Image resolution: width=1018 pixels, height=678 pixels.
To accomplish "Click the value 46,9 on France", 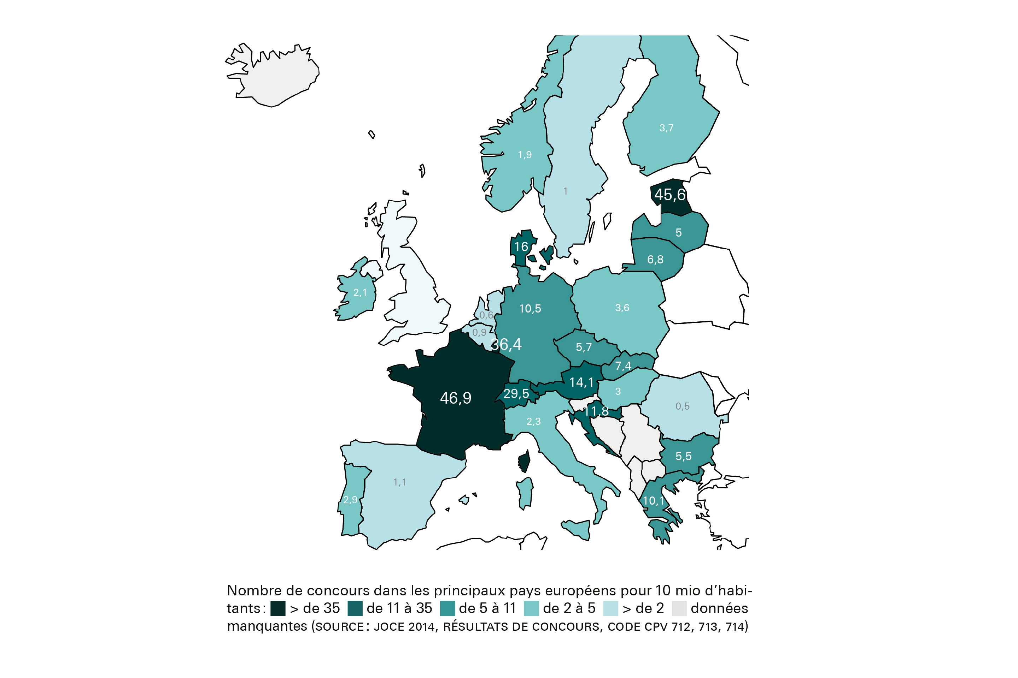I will (x=455, y=398).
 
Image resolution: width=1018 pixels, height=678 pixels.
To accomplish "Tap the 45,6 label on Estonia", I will (x=669, y=195).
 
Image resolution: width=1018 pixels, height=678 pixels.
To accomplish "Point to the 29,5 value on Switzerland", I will (x=516, y=393).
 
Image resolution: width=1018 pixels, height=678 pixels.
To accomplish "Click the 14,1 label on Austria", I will (x=581, y=382).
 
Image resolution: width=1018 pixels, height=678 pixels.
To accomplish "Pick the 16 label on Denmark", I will (x=521, y=247).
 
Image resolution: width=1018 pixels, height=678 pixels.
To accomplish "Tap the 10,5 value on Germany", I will (x=530, y=309).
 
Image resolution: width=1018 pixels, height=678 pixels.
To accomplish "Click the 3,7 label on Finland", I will (x=666, y=128).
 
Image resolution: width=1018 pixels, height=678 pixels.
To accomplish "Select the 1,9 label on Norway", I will (x=525, y=155).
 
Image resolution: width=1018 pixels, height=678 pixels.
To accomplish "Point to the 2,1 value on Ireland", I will (x=360, y=293).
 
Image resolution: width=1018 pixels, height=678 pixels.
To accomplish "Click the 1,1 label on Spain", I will (x=399, y=482).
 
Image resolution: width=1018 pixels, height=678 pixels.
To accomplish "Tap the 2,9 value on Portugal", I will (x=350, y=500).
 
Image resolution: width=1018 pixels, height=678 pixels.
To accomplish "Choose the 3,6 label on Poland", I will (x=622, y=308).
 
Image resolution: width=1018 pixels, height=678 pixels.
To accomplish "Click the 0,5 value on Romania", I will (x=682, y=406).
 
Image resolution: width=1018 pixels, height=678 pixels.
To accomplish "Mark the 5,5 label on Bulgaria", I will (x=683, y=456).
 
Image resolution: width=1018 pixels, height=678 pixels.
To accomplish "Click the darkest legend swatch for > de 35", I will (x=278, y=608).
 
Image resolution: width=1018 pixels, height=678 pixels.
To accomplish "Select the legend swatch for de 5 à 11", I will (x=447, y=608).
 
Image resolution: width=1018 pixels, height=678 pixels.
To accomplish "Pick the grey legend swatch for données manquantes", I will (x=679, y=608).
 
